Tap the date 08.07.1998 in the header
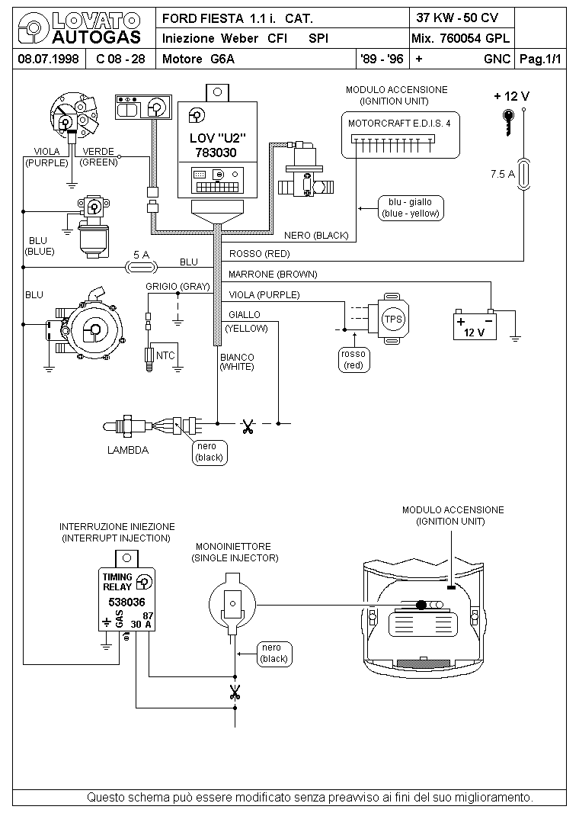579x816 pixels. coord(48,59)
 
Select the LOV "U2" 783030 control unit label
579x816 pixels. coord(217,145)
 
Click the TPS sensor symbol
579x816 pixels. coord(390,319)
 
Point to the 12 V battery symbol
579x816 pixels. coord(475,325)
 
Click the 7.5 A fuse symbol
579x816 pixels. coord(524,174)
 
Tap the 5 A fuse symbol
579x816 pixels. coord(142,268)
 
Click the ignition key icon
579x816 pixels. coord(508,122)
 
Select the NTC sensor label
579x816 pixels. coord(165,355)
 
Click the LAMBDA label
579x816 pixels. coord(128,450)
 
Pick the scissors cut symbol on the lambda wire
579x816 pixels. coord(247,427)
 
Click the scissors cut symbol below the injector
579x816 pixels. coord(235,692)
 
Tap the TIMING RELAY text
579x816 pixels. coord(117,582)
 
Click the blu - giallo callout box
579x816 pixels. coord(410,207)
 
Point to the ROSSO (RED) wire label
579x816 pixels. coord(259,254)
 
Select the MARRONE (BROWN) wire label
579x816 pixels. coord(273,275)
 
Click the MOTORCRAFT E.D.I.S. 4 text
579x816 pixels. coord(399,124)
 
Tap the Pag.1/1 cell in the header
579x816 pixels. coord(541,59)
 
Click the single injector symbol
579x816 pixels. coord(232,604)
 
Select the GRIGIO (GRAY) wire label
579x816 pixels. coord(178,286)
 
